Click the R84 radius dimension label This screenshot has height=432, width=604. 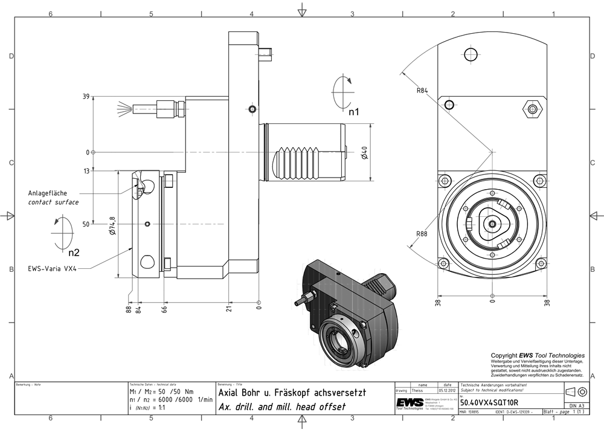click(422, 91)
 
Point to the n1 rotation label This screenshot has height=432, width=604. click(354, 111)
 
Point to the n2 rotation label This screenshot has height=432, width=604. click(74, 252)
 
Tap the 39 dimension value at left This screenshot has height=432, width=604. click(86, 97)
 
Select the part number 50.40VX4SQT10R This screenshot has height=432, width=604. click(489, 402)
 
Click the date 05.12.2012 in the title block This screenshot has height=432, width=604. click(447, 391)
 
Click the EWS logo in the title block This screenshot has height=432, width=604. click(410, 403)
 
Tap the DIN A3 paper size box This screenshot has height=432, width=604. click(576, 406)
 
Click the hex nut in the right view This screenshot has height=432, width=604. click(532, 109)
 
